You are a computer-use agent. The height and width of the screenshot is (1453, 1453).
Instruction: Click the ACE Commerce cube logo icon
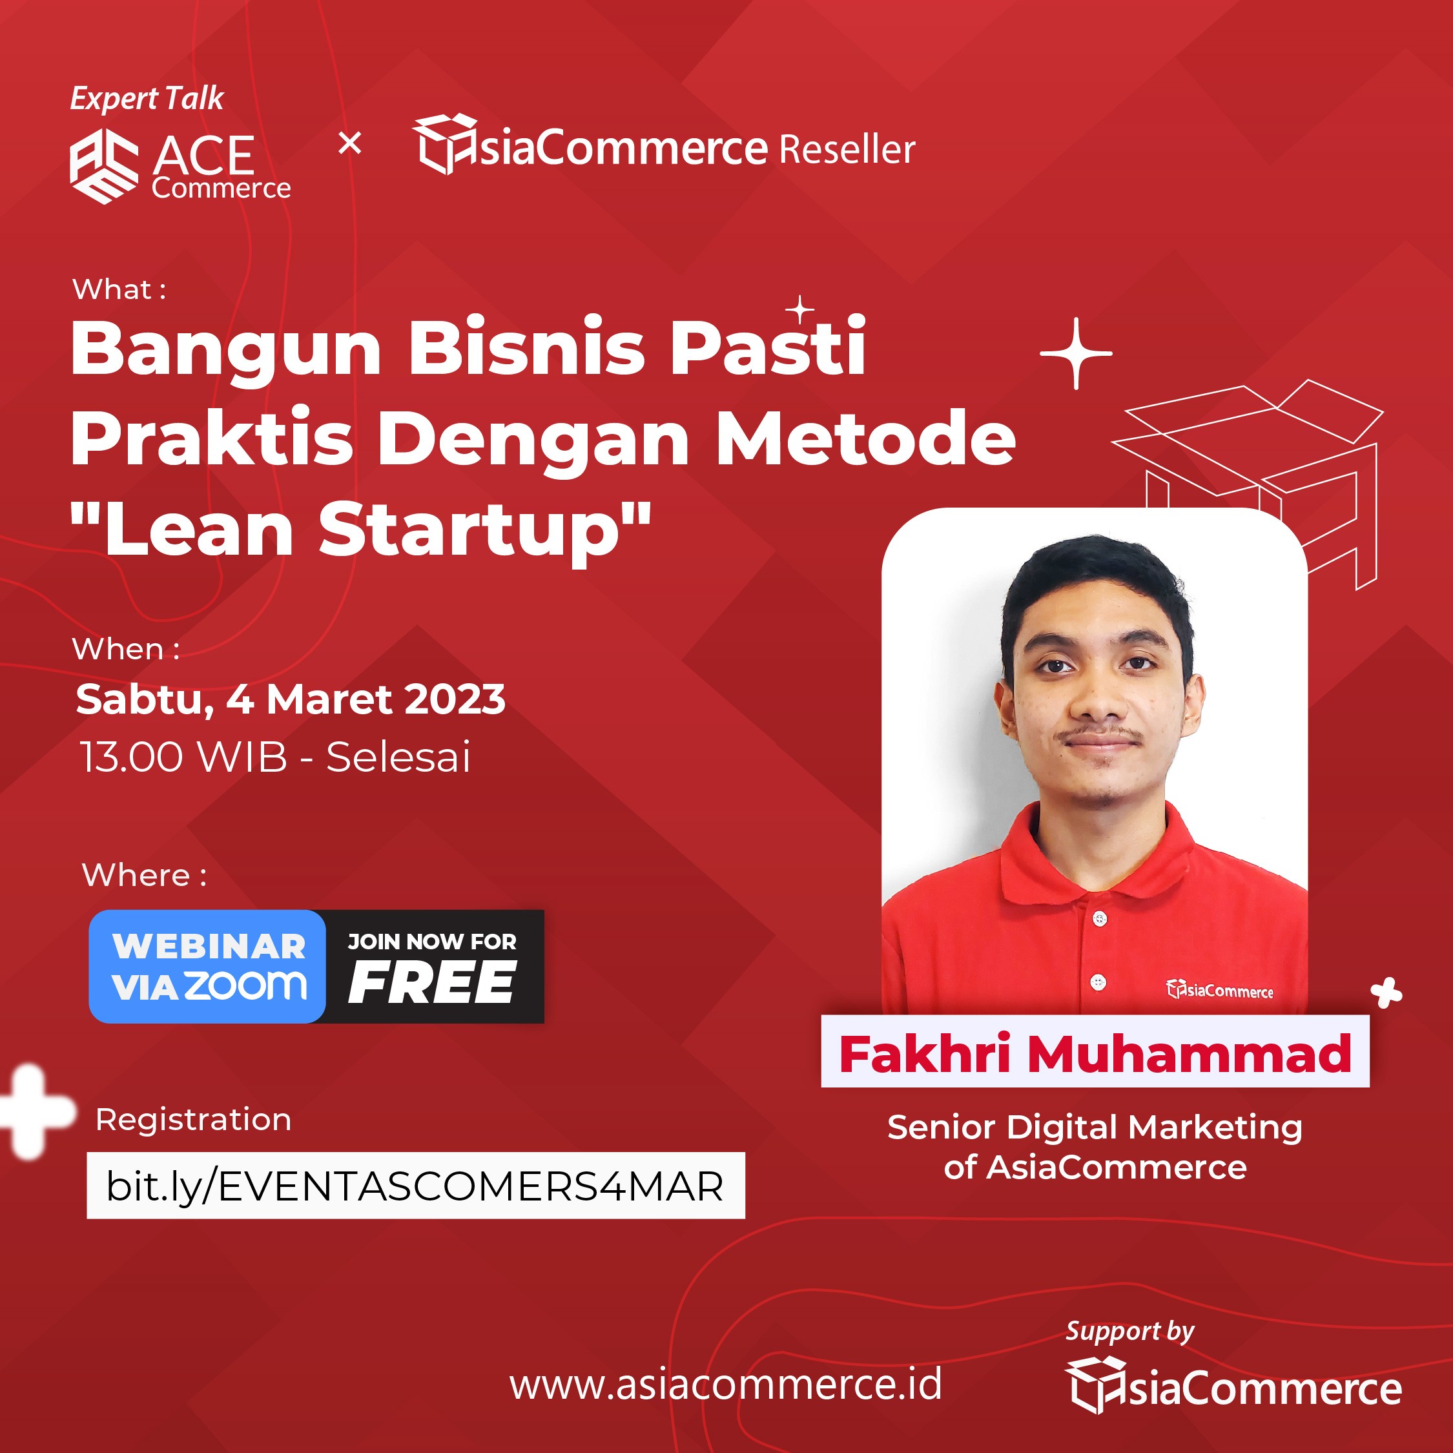[104, 165]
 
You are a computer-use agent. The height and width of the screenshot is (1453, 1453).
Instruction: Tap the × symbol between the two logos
[350, 143]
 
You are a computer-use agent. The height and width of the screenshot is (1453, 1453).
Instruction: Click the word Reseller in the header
[847, 149]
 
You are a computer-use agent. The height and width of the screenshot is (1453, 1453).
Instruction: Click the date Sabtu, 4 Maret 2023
[291, 699]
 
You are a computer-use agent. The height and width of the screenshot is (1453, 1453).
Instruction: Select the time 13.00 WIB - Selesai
[275, 757]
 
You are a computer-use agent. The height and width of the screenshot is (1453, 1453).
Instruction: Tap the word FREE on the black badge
[431, 983]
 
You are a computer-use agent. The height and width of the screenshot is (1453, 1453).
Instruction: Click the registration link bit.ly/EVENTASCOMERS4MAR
[415, 1187]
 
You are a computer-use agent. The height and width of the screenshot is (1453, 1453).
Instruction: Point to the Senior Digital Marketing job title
[1095, 1128]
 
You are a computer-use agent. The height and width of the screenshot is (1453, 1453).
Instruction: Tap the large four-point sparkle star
[1077, 353]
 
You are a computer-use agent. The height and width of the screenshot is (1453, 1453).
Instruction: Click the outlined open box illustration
[1248, 481]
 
